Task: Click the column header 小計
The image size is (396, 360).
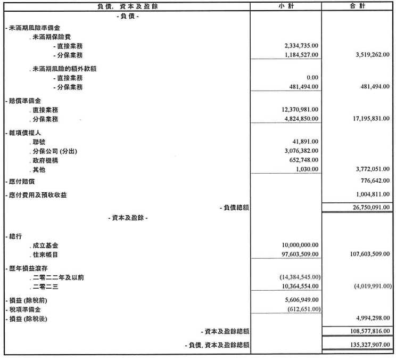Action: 286,6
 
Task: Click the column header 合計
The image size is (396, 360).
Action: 357,6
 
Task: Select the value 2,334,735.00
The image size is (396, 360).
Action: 301,46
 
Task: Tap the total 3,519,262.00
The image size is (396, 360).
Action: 373,54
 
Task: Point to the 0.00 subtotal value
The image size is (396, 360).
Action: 312,78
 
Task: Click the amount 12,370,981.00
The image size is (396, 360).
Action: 300,110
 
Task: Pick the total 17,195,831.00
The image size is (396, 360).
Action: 372,118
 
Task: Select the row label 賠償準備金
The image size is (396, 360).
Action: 24,101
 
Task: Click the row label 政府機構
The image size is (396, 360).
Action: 45,160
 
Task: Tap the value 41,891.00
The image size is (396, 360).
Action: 306,142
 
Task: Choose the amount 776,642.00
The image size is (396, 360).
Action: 375,181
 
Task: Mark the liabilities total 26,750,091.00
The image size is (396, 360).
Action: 372,207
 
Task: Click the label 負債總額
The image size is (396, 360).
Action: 236,208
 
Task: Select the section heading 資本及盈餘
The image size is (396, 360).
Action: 128,218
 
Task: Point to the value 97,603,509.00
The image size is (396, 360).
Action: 300,254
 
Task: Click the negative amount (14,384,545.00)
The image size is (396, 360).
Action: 300,277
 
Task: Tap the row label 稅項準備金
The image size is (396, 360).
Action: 24,310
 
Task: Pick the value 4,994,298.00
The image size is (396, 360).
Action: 373,318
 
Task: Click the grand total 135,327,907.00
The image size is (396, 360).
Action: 370,345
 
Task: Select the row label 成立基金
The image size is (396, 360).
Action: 45,246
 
